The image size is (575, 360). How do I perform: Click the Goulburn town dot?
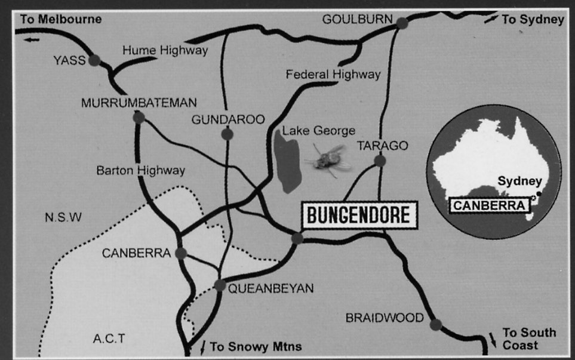pyautogui.click(x=402, y=23)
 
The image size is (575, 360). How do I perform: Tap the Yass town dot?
pyautogui.click(x=94, y=60)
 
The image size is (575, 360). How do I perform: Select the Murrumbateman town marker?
pyautogui.click(x=139, y=118)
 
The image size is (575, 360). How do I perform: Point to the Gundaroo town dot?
pyautogui.click(x=227, y=134)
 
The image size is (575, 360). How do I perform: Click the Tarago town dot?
pyautogui.click(x=380, y=161)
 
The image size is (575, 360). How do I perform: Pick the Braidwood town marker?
pyautogui.click(x=436, y=324)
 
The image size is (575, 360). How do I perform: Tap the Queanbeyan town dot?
pyautogui.click(x=220, y=285)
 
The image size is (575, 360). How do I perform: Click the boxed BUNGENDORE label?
pyautogui.click(x=359, y=214)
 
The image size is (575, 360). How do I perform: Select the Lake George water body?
pyautogui.click(x=287, y=163)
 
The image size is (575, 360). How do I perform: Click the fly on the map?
pyautogui.click(x=327, y=159)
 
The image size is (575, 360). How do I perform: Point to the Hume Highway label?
pyautogui.click(x=165, y=51)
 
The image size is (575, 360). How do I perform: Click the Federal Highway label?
pyautogui.click(x=333, y=75)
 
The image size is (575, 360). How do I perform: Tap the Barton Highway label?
pyautogui.click(x=141, y=171)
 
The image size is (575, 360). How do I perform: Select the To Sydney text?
pyautogui.click(x=533, y=20)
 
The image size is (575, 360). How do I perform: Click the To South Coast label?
pyautogui.click(x=520, y=339)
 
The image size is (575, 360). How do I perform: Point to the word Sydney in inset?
pyautogui.click(x=519, y=181)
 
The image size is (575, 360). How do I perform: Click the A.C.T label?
pyautogui.click(x=109, y=339)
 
